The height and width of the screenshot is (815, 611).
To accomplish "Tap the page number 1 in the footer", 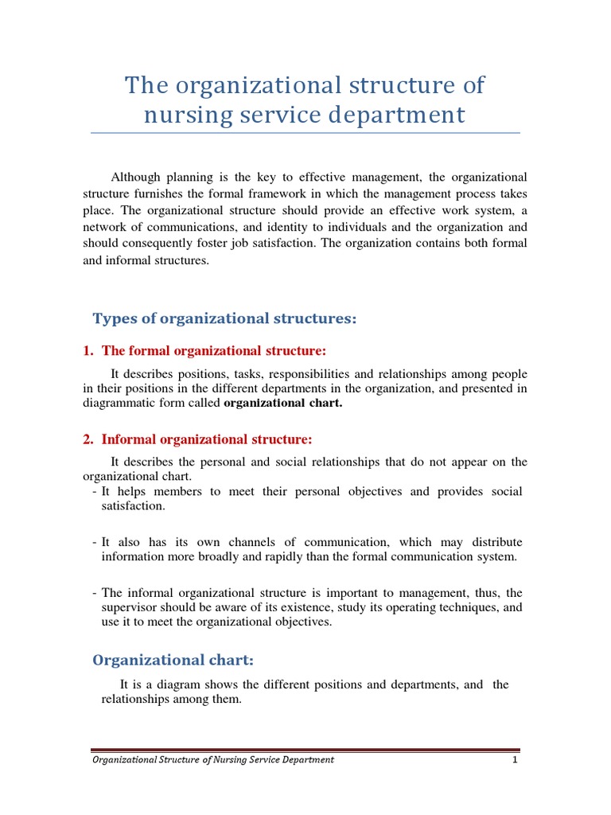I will coord(516,759).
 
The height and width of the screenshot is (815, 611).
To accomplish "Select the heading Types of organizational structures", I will coord(225,319).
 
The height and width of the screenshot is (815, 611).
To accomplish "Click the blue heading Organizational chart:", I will coord(173,660).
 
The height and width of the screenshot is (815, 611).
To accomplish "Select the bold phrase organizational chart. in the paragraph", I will coord(283,403).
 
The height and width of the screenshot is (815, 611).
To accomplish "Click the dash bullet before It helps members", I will coord(95,492).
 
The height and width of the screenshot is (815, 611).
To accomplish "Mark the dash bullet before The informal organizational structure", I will coord(95,593).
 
